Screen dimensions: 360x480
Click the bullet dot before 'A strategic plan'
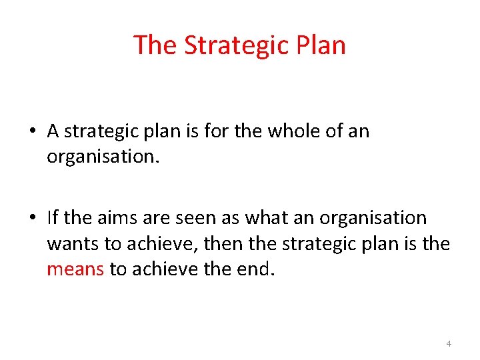click(33, 131)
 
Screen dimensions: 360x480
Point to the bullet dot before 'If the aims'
click(33, 218)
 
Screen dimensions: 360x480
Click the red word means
click(75, 269)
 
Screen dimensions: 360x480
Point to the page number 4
click(448, 343)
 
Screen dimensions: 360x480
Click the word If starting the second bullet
click(53, 217)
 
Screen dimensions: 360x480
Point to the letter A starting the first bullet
click(53, 131)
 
